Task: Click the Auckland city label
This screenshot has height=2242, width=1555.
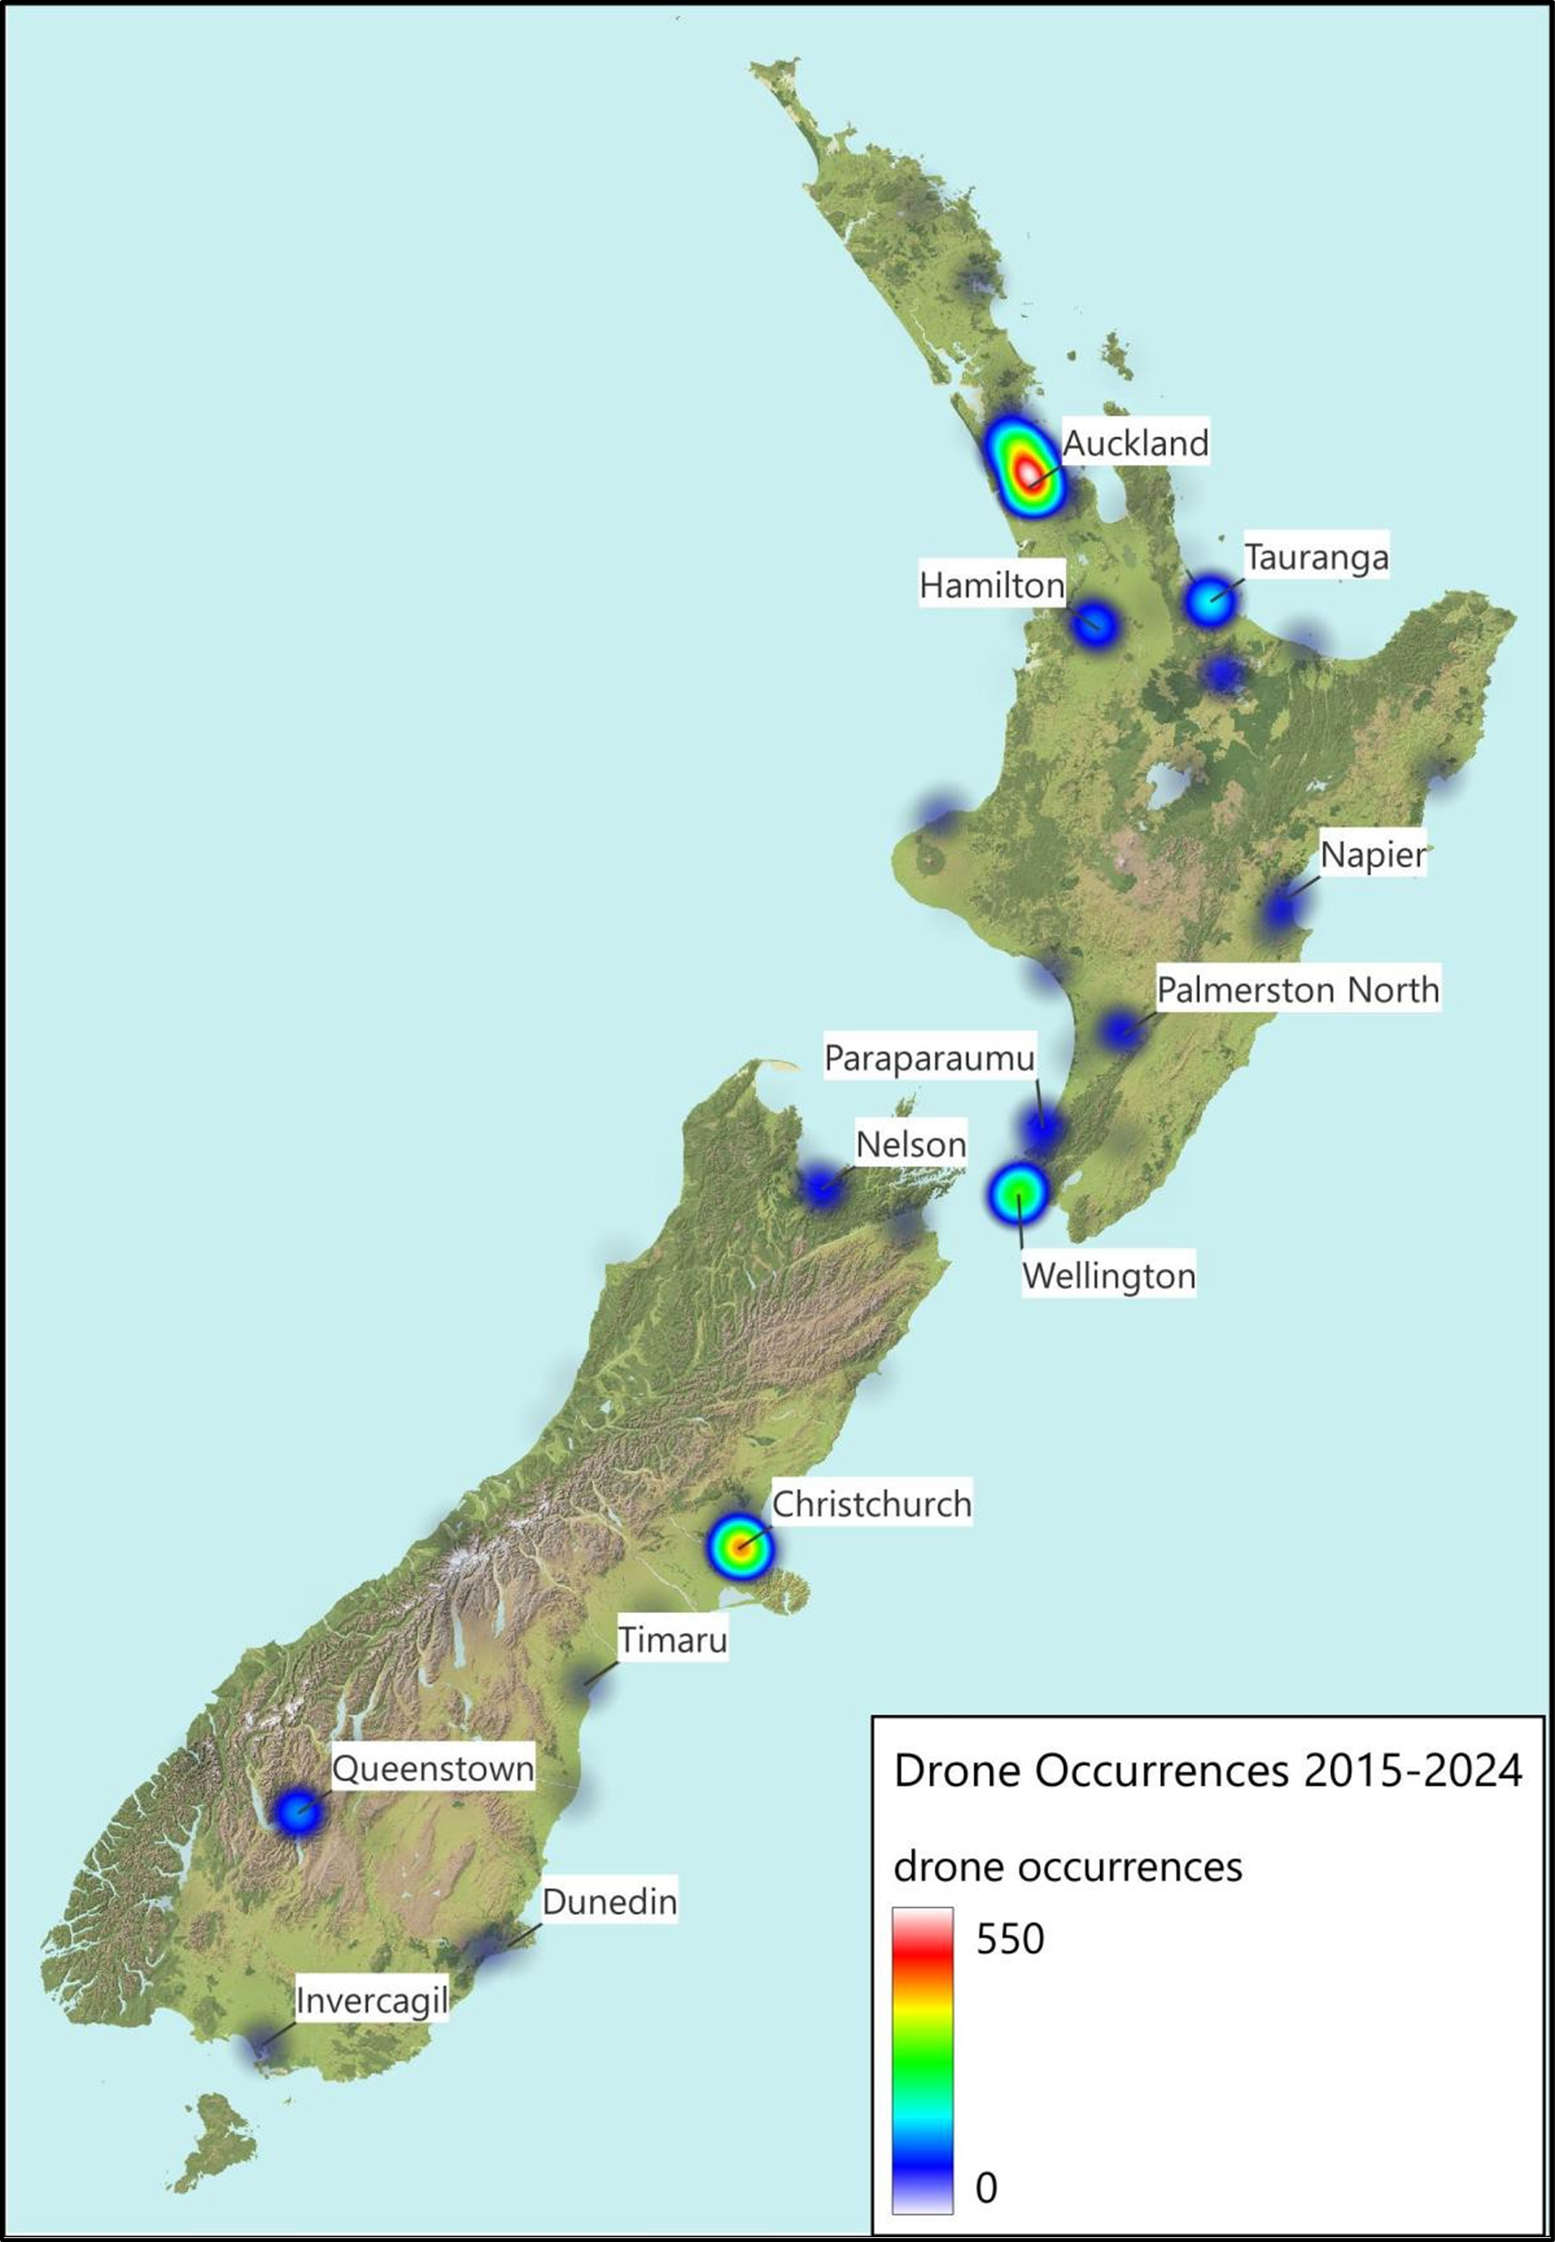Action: pyautogui.click(x=1135, y=443)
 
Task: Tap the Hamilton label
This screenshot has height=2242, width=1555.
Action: pyautogui.click(x=992, y=585)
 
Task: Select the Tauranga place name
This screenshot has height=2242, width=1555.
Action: pyautogui.click(x=1316, y=557)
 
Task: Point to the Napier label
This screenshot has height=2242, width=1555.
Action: pyautogui.click(x=1372, y=855)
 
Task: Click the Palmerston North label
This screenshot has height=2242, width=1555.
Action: pyautogui.click(x=1297, y=990)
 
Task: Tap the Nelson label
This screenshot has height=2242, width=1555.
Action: pyautogui.click(x=911, y=1144)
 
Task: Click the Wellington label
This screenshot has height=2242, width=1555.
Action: pyautogui.click(x=1109, y=1276)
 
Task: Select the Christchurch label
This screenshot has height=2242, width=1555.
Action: pyautogui.click(x=872, y=1504)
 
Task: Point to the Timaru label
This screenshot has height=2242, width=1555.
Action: pyautogui.click(x=673, y=1639)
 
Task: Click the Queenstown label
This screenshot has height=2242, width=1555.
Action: pyautogui.click(x=434, y=1768)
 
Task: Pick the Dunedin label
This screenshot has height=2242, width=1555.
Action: pyautogui.click(x=609, y=1901)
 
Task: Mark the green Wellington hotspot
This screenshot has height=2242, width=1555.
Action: pyautogui.click(x=1018, y=1192)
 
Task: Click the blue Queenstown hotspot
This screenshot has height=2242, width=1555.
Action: pyautogui.click(x=297, y=1812)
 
